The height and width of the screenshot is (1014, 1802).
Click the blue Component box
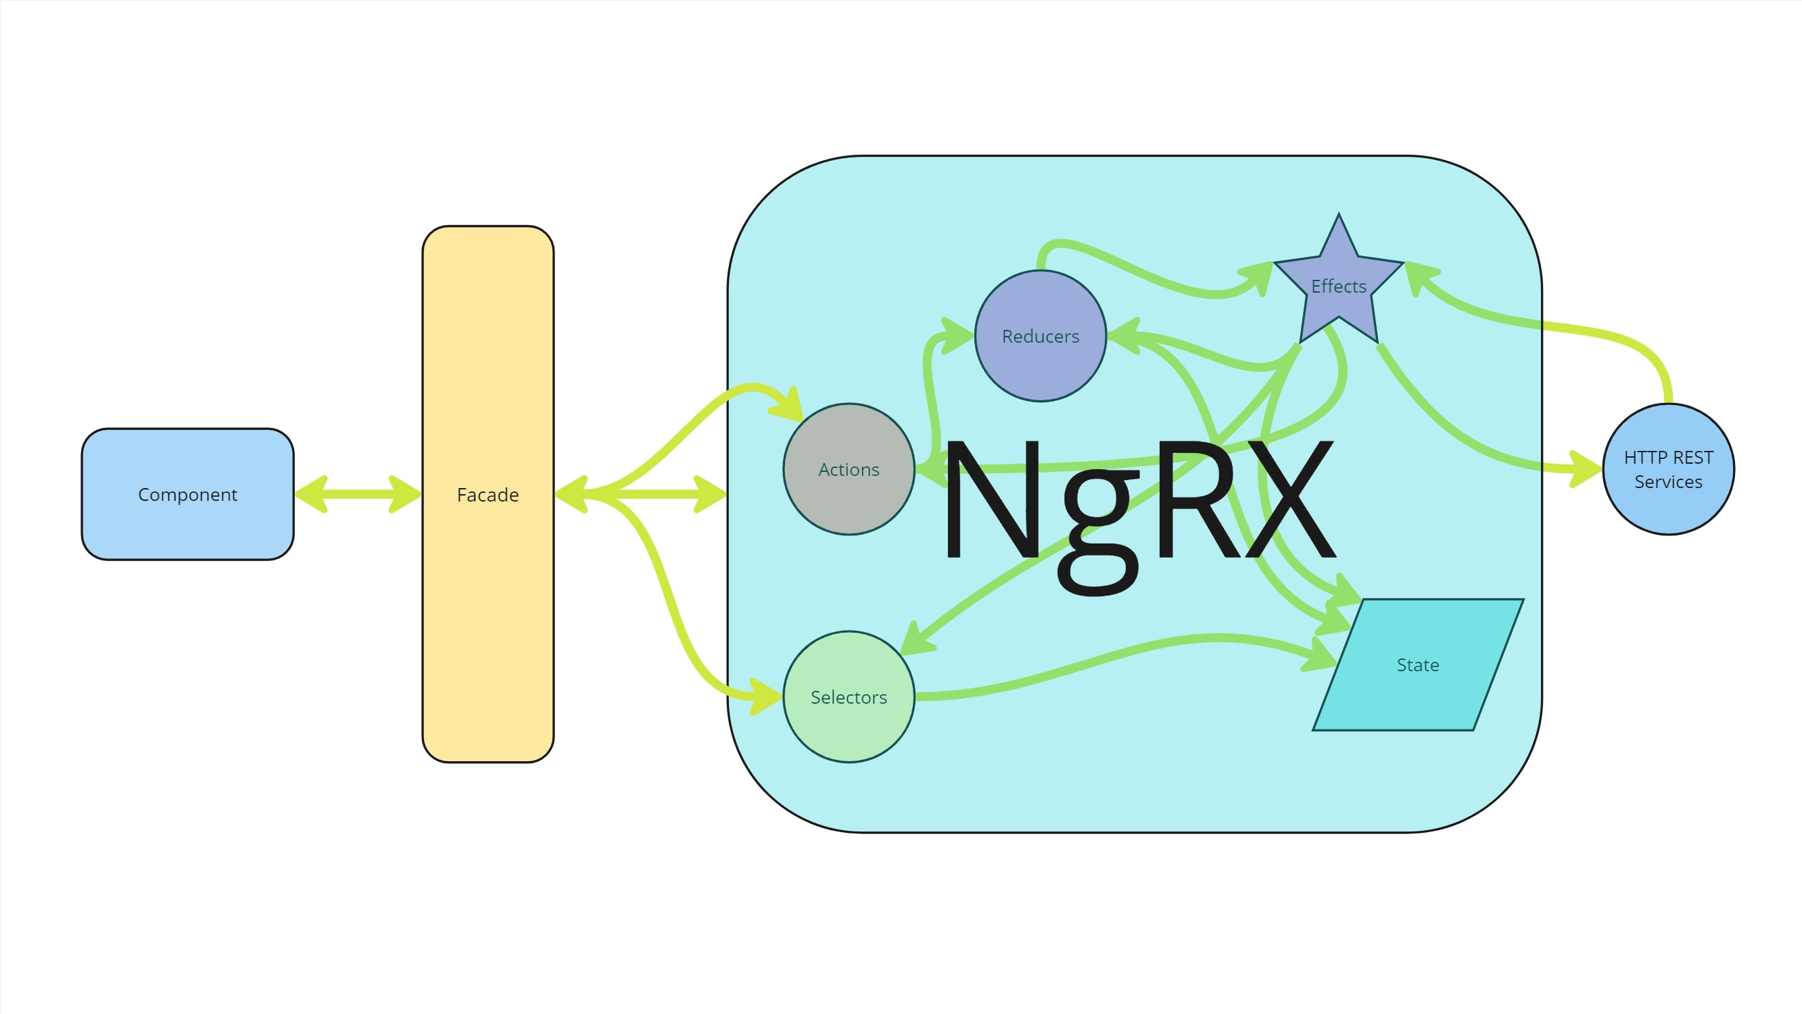pos(187,494)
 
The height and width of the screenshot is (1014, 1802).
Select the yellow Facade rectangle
pos(488,493)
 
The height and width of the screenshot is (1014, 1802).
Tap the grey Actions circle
pos(849,469)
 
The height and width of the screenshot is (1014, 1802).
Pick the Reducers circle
pos(1041,336)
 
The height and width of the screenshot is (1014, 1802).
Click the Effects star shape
pos(1339,287)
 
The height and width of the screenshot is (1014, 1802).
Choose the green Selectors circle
pos(849,696)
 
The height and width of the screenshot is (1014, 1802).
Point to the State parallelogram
pos(1418,665)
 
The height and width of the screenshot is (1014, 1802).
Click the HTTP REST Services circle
pos(1668,469)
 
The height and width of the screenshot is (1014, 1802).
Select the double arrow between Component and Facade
pos(358,494)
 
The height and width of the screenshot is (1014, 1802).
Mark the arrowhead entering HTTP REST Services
pos(1585,469)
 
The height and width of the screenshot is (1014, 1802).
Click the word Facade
pos(488,495)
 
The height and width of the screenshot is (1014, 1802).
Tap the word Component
pos(187,495)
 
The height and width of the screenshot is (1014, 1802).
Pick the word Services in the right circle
pos(1668,482)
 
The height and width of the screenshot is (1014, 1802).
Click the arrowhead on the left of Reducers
pos(957,336)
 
